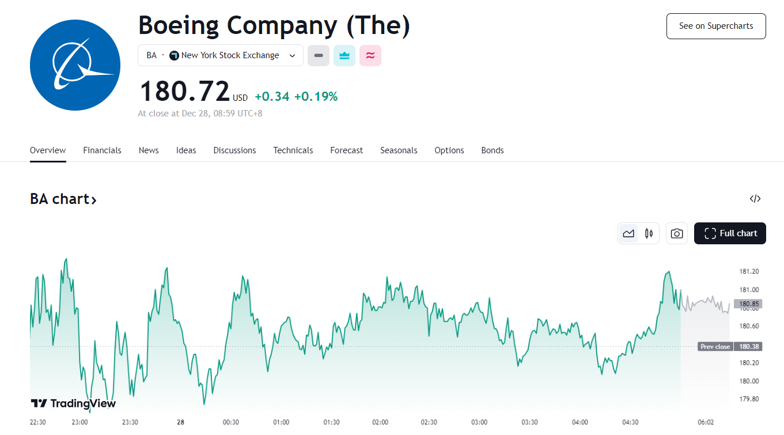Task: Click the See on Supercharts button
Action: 716,26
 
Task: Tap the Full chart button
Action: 730,233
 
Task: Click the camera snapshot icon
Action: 677,233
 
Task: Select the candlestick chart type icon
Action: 649,233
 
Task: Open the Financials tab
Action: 102,150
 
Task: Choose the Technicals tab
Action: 293,150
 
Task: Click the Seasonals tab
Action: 399,150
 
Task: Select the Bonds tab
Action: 493,150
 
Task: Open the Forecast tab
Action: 346,150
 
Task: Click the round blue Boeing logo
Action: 75,66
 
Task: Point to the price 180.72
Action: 185,91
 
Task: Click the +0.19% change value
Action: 316,97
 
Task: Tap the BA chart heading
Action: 63,199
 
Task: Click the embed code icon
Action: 755,199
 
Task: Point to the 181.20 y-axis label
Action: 748,271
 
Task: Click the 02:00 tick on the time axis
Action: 380,422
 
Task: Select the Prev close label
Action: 715,347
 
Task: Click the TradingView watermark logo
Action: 73,403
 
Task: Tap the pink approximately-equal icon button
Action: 370,55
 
